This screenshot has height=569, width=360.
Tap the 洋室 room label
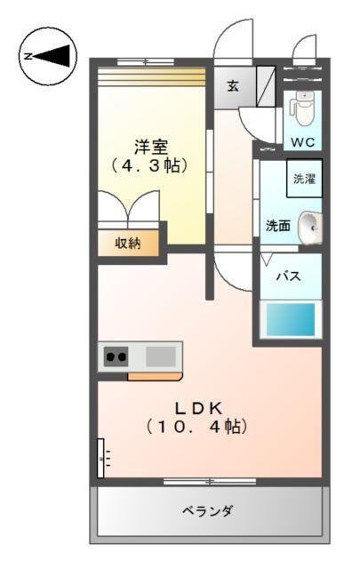click(151, 146)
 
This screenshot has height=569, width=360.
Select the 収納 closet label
click(129, 243)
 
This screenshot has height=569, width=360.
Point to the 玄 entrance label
click(232, 85)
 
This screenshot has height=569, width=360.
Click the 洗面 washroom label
click(277, 226)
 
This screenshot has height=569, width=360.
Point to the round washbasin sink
click(308, 227)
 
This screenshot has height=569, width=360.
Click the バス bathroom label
click(286, 276)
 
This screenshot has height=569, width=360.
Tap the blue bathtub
click(291, 318)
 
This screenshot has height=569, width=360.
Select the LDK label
click(197, 407)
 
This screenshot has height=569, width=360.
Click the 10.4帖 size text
click(196, 427)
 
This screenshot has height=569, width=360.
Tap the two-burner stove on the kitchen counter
click(116, 357)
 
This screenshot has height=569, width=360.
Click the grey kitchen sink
click(161, 356)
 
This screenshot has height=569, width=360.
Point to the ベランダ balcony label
click(208, 511)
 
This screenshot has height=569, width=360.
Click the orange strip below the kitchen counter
click(155, 376)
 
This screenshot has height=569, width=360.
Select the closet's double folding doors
click(130, 213)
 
